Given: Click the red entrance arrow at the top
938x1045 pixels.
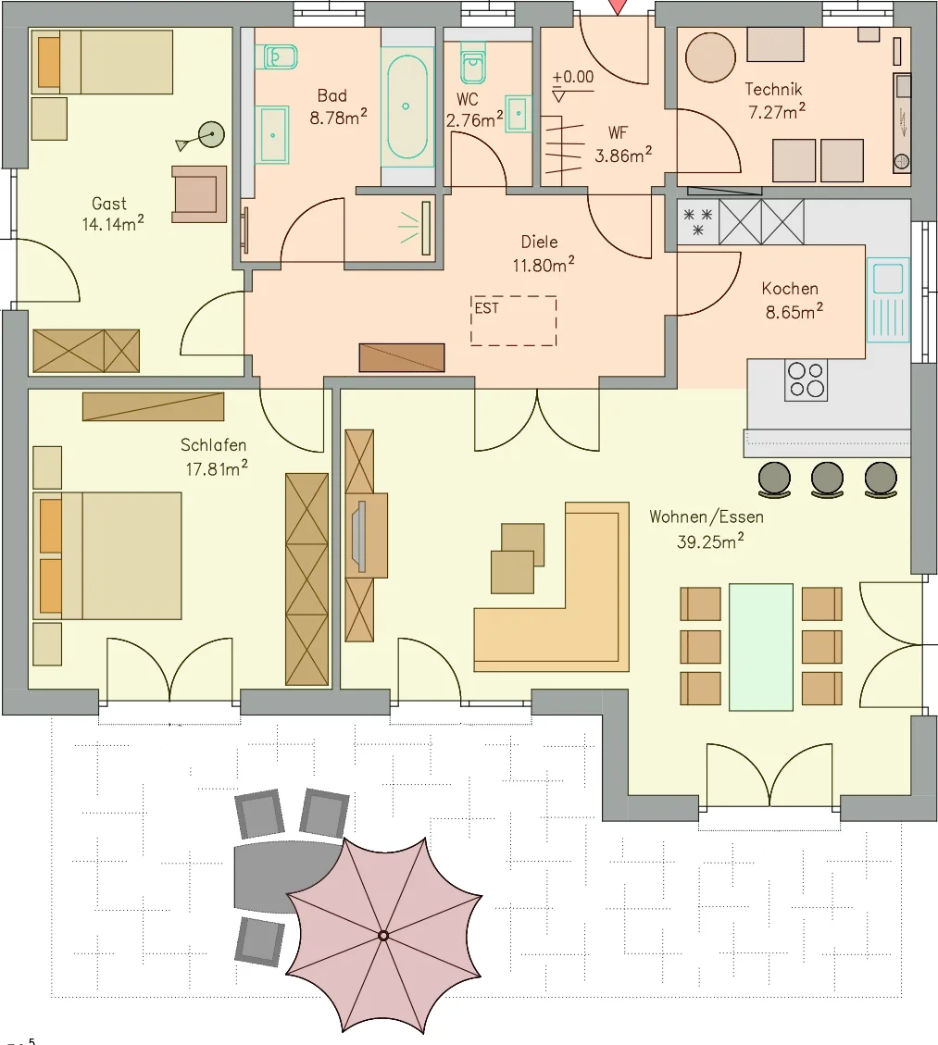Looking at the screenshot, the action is [618, 6].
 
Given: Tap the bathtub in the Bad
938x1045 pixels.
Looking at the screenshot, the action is [406, 107].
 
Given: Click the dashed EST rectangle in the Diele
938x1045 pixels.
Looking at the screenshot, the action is [513, 320].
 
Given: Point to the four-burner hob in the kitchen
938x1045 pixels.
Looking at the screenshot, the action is [806, 380].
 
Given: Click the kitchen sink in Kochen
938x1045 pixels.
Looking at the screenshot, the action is [888, 300].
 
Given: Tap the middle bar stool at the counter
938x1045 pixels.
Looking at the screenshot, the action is [827, 479].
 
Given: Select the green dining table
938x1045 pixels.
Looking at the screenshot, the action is [760, 647].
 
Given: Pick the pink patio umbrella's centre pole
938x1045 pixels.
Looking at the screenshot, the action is [382, 936].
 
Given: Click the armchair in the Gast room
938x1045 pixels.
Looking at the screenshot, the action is [199, 194].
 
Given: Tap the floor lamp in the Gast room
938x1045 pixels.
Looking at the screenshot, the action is [211, 136].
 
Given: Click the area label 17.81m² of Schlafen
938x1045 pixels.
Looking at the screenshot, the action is [216, 468].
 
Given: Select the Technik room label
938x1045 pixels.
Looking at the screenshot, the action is [773, 89].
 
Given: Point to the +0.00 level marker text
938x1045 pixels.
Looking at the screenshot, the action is [572, 78].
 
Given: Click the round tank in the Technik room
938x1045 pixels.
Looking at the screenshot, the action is [710, 57].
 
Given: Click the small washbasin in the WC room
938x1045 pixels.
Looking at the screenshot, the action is [519, 113].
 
